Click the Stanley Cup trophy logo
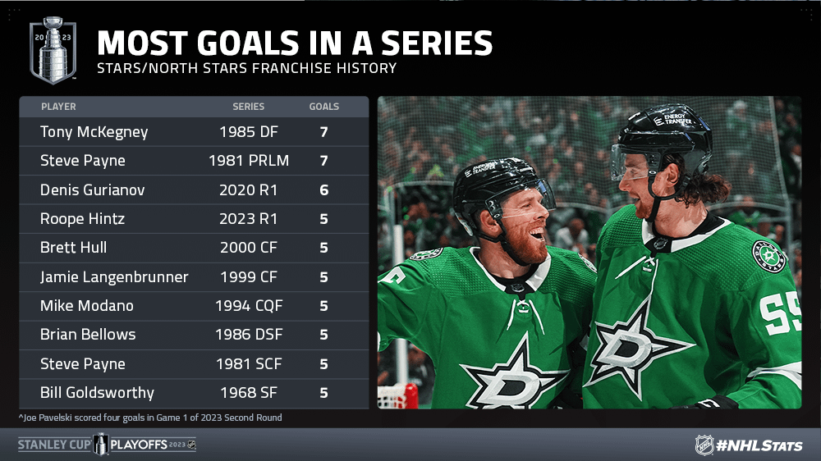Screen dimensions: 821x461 click(53, 50)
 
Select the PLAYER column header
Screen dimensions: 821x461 click(58, 107)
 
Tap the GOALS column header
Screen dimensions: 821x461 click(324, 107)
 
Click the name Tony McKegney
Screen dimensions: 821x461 click(94, 132)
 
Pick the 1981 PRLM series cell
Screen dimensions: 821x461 click(249, 161)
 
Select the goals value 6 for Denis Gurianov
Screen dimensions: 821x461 click(324, 190)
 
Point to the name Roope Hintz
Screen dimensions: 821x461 click(83, 219)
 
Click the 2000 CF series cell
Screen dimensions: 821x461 click(249, 248)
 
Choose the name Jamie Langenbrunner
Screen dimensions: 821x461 click(114, 276)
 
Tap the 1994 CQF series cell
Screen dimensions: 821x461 click(249, 306)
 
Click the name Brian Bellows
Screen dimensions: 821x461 click(88, 335)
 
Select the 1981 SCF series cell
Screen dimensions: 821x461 click(249, 363)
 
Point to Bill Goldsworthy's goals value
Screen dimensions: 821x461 click(324, 393)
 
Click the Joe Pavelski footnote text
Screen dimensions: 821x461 click(150, 418)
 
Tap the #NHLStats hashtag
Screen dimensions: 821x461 click(759, 446)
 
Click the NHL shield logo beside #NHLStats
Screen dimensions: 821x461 click(704, 445)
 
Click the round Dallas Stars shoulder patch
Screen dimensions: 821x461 click(768, 257)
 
